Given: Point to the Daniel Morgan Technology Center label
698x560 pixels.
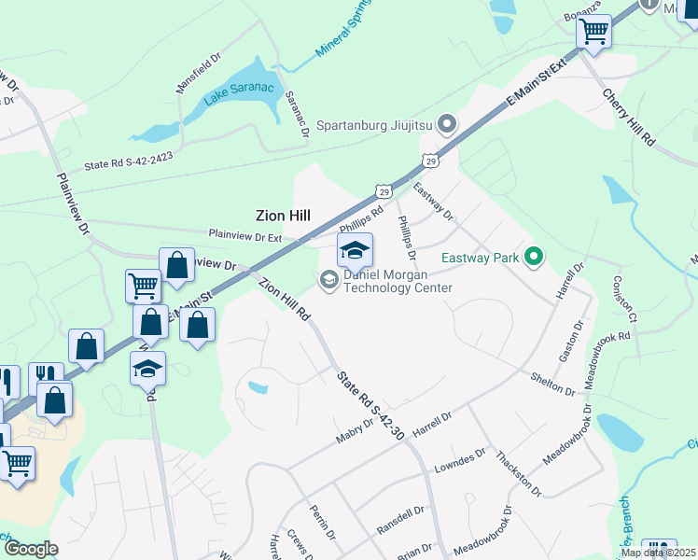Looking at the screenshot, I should coord(398,281).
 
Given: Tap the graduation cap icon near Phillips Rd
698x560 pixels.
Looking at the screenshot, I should coord(355,251).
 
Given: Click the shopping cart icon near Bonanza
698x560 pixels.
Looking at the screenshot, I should coord(593,32).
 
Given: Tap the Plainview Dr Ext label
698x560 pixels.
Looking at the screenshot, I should coord(244,234).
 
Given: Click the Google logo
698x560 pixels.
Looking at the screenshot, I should coord(31,549).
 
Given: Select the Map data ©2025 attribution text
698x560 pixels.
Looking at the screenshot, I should coord(659,553).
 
